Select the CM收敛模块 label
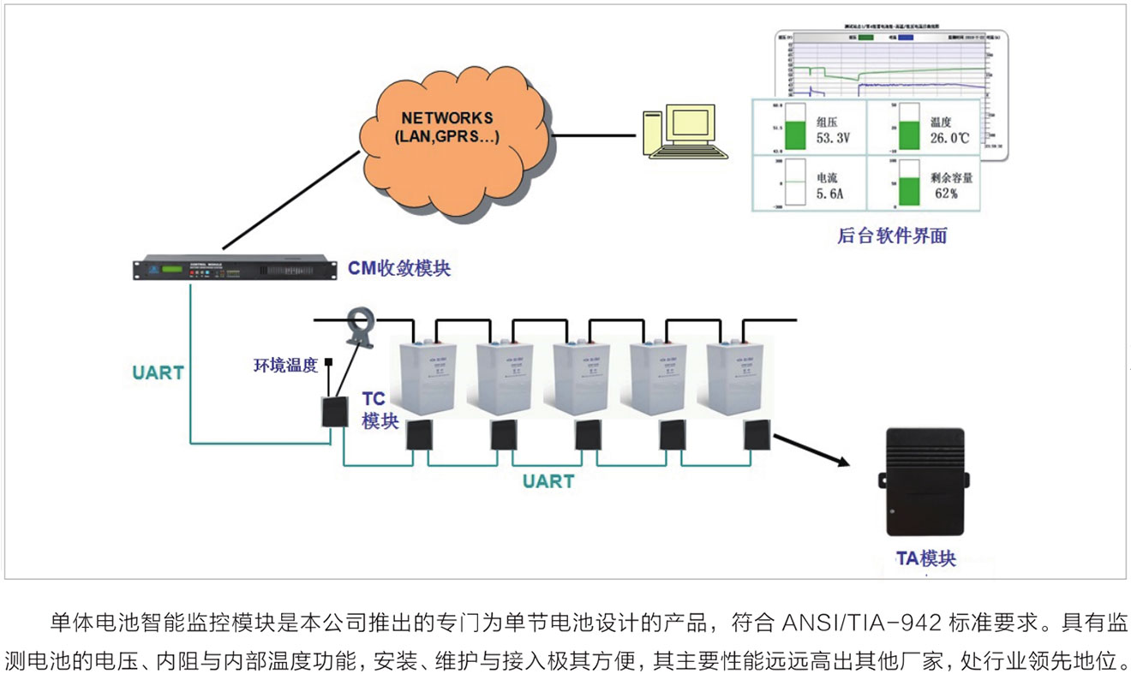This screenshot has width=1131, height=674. pos(398,268)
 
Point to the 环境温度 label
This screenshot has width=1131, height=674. pos(284,365)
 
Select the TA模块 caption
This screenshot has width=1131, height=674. pos(925,559)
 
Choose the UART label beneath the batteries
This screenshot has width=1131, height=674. pos(548,481)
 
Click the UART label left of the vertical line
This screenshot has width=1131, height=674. pos(159,373)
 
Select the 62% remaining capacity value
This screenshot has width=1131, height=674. pos(945,194)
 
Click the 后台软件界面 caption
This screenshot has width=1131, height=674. pos(891,236)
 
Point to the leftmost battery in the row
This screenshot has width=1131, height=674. pos(427,377)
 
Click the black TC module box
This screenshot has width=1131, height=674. pos(332,412)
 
